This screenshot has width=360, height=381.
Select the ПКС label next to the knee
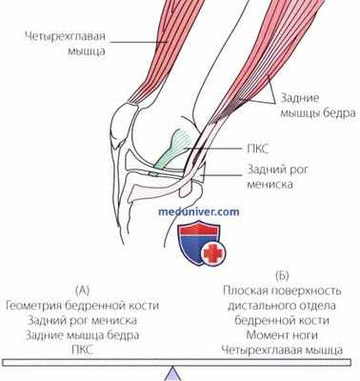coord(264,150)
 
